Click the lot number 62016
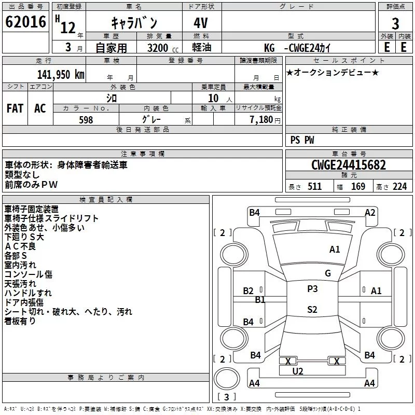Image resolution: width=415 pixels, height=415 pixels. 25,22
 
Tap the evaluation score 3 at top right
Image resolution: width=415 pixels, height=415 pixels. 395,23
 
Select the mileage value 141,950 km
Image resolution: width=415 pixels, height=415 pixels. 61,74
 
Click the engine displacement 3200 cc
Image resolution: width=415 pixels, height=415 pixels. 157,48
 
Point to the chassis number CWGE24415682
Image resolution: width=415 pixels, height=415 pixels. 349,165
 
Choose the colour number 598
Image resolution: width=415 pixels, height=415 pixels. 86,120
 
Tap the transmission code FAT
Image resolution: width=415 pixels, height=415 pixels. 15,108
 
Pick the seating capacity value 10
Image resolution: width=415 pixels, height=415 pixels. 213,98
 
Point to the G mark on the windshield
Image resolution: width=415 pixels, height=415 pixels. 328,273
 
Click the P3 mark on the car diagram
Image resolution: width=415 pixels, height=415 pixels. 312,289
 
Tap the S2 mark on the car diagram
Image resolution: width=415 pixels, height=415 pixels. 312,310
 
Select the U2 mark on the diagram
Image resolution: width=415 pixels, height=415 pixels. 298,371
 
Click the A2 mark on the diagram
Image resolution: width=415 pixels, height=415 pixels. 370,212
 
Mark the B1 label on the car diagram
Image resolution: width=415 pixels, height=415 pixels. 260,299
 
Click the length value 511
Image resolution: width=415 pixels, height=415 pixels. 314,187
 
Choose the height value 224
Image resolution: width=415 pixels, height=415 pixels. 399,187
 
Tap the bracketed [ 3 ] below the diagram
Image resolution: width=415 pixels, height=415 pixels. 226,397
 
